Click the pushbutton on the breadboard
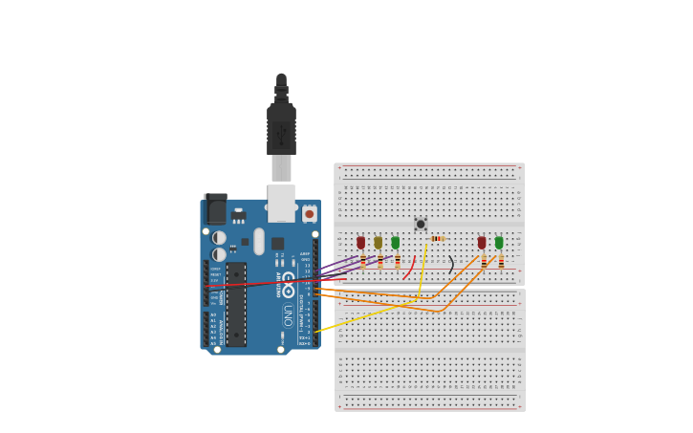pos(421,224)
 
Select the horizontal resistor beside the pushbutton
pos(437,238)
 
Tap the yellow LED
pos(378,243)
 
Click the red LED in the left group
pos(360,243)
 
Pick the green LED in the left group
pos(395,243)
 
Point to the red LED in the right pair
pos(482,243)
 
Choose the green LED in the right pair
pos(499,243)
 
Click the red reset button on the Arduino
pos(309,214)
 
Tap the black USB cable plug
pos(281,124)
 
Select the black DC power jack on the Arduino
pos(217,210)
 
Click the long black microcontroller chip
pos(235,304)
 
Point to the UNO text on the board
pos(288,314)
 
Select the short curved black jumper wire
pos(451,265)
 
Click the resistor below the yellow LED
pos(379,262)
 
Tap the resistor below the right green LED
pos(501,262)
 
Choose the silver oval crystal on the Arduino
pos(259,241)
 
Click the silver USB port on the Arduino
pos(281,203)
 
